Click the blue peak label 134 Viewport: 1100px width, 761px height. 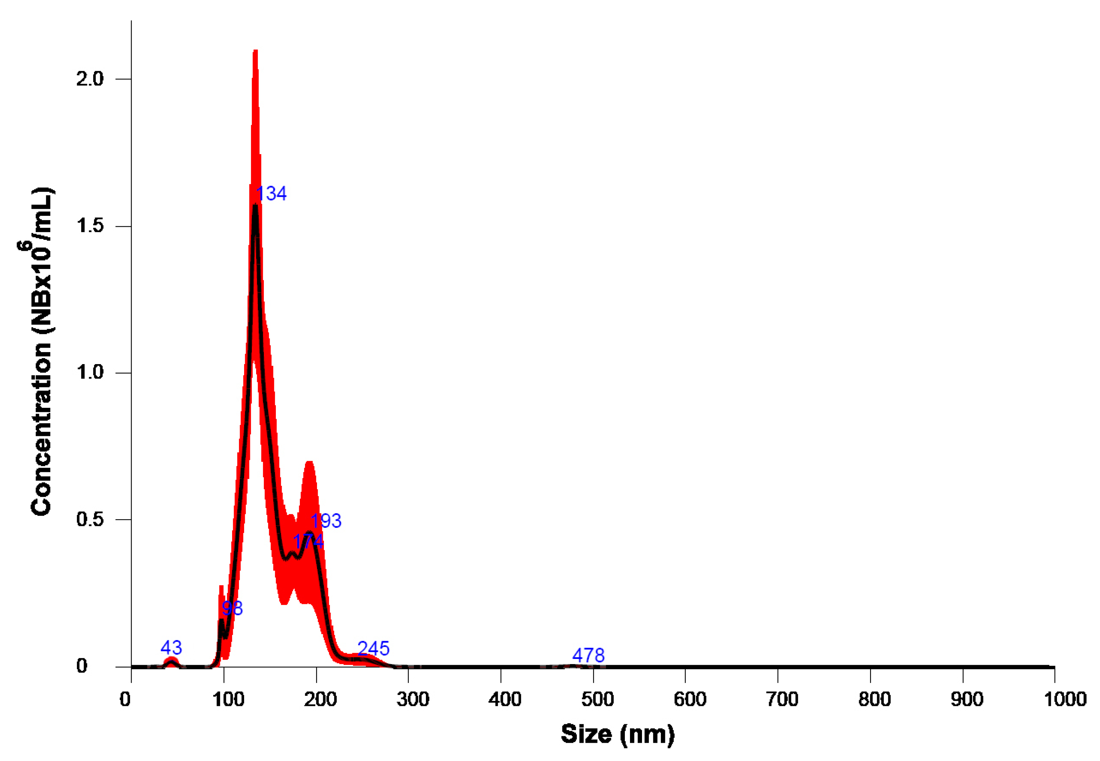(271, 194)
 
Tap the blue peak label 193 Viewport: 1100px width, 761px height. (326, 521)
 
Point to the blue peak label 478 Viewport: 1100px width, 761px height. (588, 655)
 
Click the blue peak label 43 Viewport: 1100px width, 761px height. (171, 648)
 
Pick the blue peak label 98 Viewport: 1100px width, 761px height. (232, 608)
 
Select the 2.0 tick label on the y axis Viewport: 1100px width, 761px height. (90, 79)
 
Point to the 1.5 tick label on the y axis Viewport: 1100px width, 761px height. (90, 226)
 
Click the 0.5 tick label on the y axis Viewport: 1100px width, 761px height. (90, 519)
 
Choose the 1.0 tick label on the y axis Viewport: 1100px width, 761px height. (90, 372)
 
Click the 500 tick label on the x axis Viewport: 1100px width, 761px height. (597, 699)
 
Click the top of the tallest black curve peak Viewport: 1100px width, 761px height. (255, 206)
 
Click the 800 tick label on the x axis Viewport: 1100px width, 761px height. (874, 699)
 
